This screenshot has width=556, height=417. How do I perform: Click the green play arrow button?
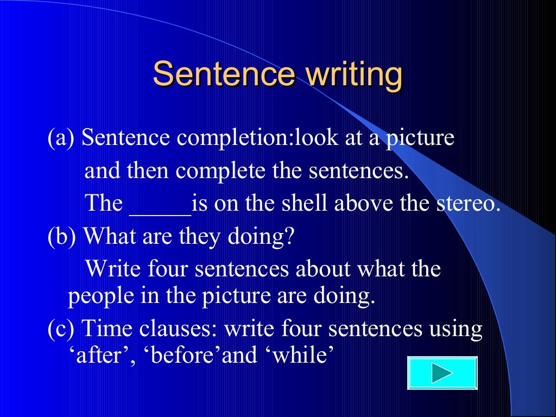tap(441, 373)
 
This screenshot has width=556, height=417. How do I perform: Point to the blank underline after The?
tap(160, 205)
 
